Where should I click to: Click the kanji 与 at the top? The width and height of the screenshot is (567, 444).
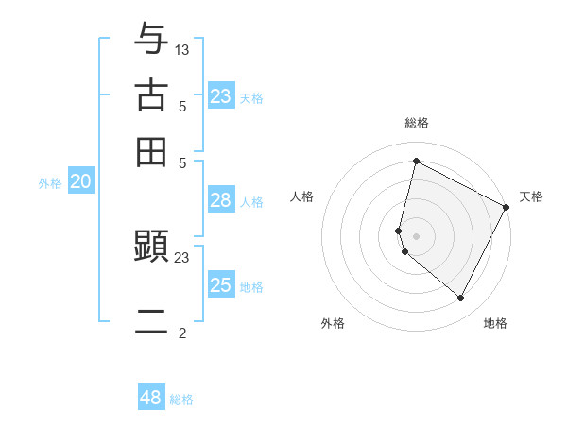coord(151,40)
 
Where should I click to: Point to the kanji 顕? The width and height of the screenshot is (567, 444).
coord(151,248)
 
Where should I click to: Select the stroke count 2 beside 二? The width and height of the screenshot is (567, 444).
coord(182,333)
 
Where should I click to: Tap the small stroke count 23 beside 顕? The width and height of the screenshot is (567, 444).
coord(182,257)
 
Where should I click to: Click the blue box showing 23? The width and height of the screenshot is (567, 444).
coord(221,96)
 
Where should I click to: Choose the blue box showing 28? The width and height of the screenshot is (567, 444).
coord(221,200)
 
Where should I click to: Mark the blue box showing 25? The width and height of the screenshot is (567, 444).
coord(221,286)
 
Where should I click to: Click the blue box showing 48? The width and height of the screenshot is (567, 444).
coord(151,398)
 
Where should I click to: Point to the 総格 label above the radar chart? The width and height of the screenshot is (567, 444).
coord(416,123)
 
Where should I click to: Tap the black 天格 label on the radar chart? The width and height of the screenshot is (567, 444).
coord(531,196)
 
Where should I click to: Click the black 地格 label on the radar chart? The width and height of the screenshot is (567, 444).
coord(495,323)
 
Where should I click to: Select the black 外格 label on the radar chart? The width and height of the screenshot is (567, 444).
coord(333,323)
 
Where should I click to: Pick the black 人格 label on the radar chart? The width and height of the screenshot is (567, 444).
coord(301,196)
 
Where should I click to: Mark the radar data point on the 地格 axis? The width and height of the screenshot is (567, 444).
coord(461,299)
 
